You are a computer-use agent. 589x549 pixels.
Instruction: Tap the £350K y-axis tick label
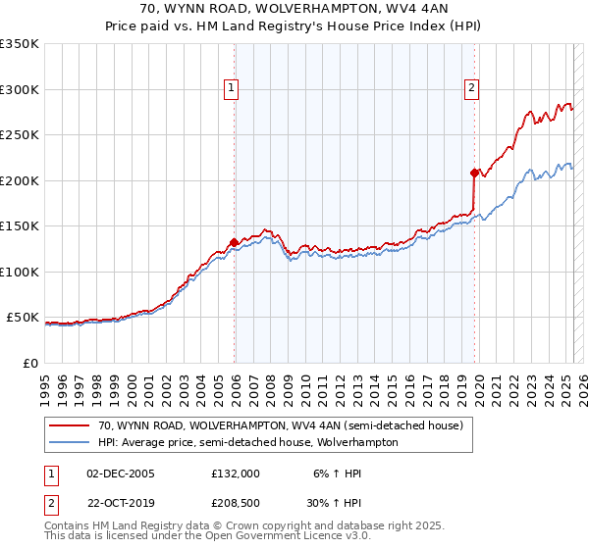point(20,44)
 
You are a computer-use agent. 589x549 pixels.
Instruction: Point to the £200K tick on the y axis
point(20,180)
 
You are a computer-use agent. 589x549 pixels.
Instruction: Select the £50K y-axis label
point(24,318)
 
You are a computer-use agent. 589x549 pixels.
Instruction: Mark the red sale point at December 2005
point(234,242)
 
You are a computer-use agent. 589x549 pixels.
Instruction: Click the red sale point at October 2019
point(474,174)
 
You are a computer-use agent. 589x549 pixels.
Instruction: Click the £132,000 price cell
point(236,473)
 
